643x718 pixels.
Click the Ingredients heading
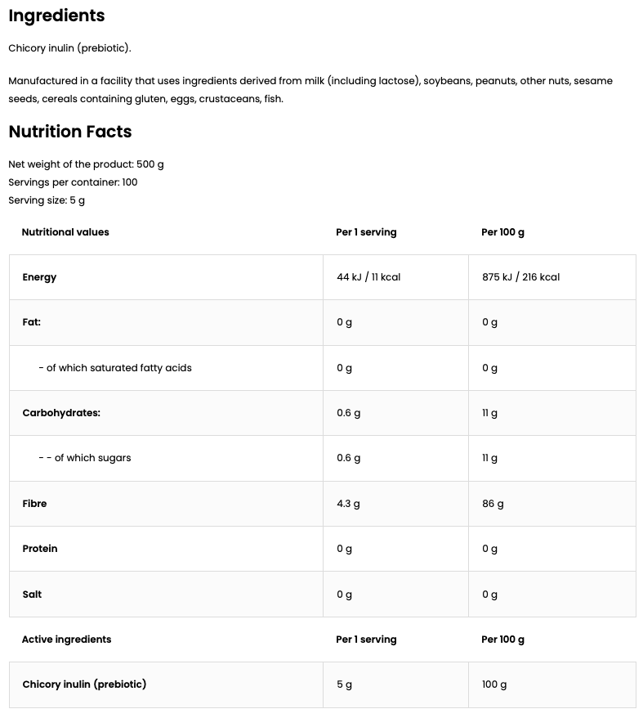[x=56, y=16]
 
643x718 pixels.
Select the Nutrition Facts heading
[x=69, y=132]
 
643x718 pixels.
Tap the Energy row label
[x=39, y=277]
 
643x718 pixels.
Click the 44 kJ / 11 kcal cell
[x=368, y=277]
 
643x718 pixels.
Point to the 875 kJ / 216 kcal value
[x=520, y=277]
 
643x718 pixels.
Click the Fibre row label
[x=34, y=504]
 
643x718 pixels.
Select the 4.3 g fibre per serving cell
[x=348, y=504]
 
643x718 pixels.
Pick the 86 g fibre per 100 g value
[x=493, y=504]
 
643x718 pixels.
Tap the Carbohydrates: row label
[x=61, y=413]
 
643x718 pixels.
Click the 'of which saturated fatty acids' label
[x=115, y=368]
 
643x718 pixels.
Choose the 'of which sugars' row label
[x=85, y=458]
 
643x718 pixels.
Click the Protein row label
[x=40, y=549]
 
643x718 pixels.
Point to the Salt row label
[x=32, y=595]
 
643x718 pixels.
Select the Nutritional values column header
[x=65, y=232]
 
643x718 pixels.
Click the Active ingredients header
[x=66, y=639]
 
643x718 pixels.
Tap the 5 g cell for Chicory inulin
[x=344, y=684]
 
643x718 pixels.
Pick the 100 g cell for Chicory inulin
[x=494, y=684]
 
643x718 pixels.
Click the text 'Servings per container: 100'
[x=73, y=182]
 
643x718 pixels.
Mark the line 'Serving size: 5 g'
[x=47, y=200]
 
